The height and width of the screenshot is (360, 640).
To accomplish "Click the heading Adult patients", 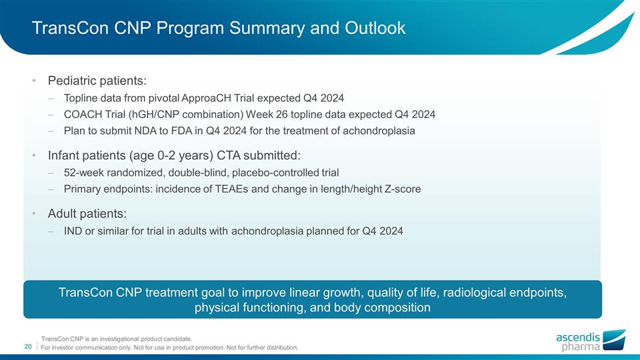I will click(x=87, y=214).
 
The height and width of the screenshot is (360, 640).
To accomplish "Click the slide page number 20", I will click(x=29, y=347).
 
